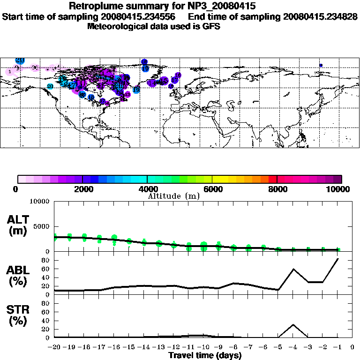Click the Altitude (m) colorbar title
174,196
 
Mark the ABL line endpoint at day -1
338,259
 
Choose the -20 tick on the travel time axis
54,347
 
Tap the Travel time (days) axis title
205,355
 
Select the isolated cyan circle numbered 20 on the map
50,86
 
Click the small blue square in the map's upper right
321,65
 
